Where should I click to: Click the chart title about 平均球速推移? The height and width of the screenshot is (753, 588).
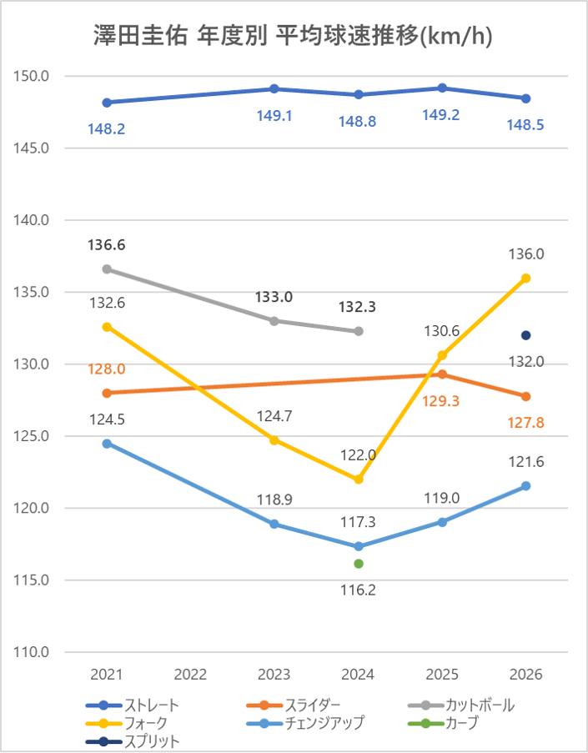(x=293, y=37)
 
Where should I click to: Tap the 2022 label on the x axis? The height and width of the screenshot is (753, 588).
(x=190, y=675)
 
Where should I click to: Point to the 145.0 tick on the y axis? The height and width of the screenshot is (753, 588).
(x=32, y=148)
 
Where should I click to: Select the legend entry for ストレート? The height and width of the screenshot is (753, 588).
(x=133, y=705)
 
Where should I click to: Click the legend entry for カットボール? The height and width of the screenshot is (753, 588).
(x=461, y=705)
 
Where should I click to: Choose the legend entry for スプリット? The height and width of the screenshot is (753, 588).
(x=133, y=741)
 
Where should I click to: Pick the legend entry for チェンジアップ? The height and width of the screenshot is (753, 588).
(x=305, y=723)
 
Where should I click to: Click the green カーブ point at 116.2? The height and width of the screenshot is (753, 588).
(x=359, y=564)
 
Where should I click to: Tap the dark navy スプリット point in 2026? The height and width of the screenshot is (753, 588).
(x=526, y=335)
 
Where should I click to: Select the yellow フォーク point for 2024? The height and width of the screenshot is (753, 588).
(x=359, y=479)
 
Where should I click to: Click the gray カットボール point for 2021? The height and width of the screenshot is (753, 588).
(x=107, y=269)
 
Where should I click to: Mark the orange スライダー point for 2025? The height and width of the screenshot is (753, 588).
(x=442, y=374)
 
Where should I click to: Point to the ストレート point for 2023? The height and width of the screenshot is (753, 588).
(x=274, y=89)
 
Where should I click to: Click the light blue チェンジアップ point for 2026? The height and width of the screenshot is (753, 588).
(x=526, y=486)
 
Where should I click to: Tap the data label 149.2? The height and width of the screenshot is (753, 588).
(x=441, y=115)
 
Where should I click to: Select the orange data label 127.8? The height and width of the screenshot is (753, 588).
(x=526, y=423)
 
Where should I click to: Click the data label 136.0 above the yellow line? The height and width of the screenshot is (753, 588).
(x=526, y=254)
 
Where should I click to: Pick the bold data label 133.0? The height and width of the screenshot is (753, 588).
(x=274, y=297)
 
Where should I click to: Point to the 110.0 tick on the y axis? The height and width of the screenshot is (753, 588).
(x=32, y=652)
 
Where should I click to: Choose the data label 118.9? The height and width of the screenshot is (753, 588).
(x=274, y=500)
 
